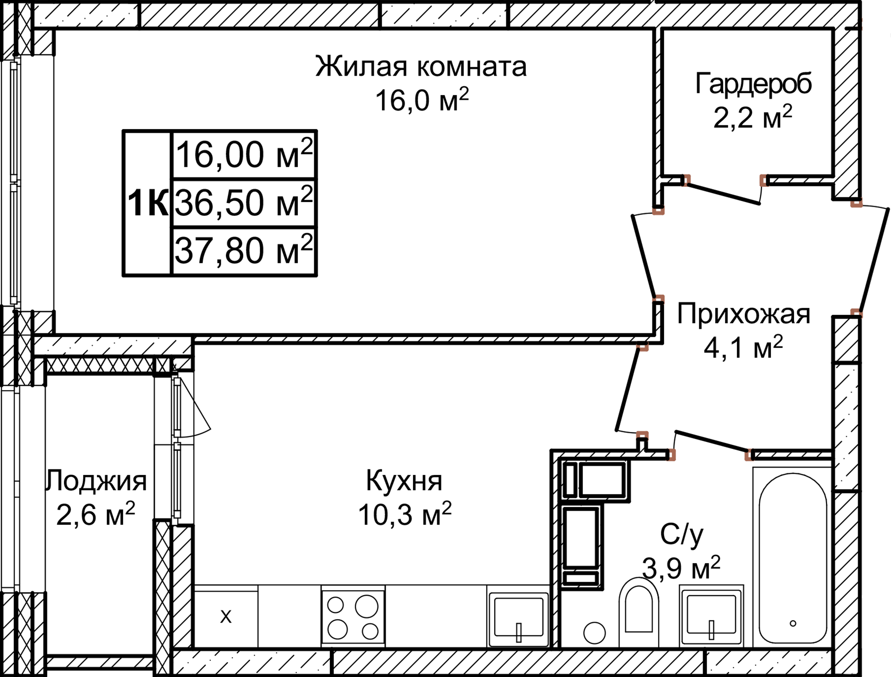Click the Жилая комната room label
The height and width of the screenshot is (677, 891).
pyautogui.click(x=421, y=66)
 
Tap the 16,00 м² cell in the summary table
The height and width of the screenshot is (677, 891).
pyautogui.click(x=244, y=155)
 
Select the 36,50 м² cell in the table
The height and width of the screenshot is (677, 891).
pyautogui.click(x=244, y=203)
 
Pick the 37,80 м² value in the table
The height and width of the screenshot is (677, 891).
pyautogui.click(x=244, y=251)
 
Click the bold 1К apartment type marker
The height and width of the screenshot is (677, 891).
pyautogui.click(x=148, y=203)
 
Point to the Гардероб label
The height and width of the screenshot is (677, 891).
pyautogui.click(x=753, y=84)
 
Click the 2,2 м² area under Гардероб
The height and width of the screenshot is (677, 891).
pyautogui.click(x=752, y=117)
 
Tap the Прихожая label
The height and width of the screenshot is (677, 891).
pyautogui.click(x=743, y=314)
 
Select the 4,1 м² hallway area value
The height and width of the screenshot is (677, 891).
pyautogui.click(x=743, y=348)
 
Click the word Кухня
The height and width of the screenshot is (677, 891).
pyautogui.click(x=404, y=481)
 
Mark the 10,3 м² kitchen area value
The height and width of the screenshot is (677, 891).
pyautogui.click(x=404, y=514)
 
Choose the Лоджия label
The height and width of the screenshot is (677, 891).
pyautogui.click(x=97, y=481)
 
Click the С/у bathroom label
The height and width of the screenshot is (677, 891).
pyautogui.click(x=681, y=534)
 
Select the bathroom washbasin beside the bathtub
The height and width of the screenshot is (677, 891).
pyautogui.click(x=711, y=615)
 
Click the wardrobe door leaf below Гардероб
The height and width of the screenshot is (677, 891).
pyautogui.click(x=724, y=195)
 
